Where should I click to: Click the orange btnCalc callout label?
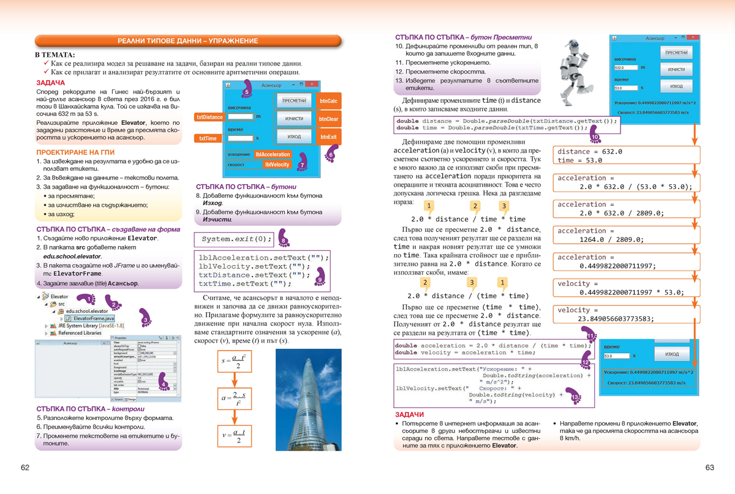pyautogui.click(x=329, y=101)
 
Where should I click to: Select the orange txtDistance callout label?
pyautogui.click(x=209, y=117)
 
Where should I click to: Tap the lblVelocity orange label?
pyautogui.click(x=276, y=165)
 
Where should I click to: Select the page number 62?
pyautogui.click(x=25, y=468)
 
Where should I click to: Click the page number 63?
pyautogui.click(x=710, y=468)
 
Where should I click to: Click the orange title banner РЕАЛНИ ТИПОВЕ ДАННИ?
pyautogui.click(x=188, y=41)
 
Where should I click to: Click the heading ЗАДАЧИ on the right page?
pyautogui.click(x=409, y=414)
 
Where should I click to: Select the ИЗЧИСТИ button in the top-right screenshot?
pyautogui.click(x=676, y=70)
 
